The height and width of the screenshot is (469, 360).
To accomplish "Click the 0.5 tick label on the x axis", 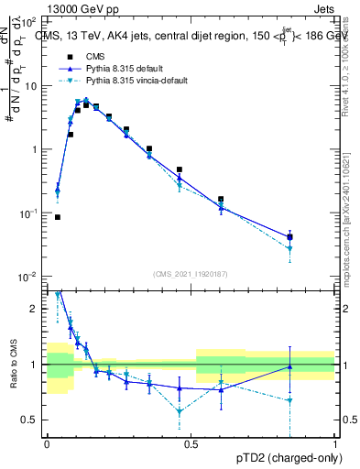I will (191, 442).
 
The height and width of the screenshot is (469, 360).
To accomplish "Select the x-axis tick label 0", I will (47, 442).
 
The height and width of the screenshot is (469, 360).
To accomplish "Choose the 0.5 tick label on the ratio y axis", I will (32, 420).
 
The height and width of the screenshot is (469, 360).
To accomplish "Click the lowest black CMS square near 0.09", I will (58, 217).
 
